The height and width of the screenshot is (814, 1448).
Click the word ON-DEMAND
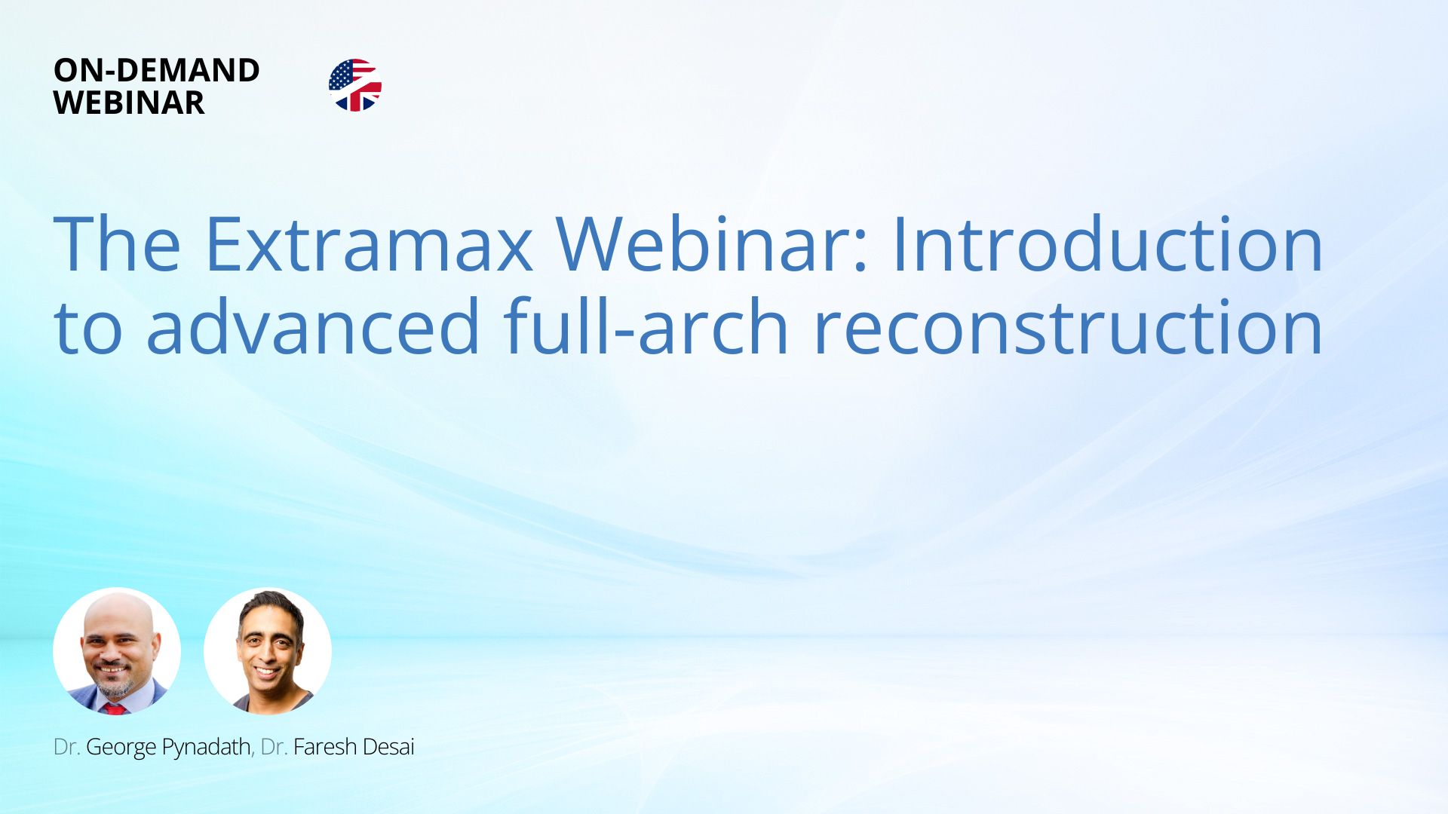[157, 70]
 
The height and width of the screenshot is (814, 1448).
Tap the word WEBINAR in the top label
[129, 103]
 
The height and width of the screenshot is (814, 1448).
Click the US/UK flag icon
[355, 85]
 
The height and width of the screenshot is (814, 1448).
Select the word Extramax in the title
[369, 243]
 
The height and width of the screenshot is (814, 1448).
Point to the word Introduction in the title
[1107, 243]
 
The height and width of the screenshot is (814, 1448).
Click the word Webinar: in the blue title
[713, 243]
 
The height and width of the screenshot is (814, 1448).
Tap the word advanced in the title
[313, 326]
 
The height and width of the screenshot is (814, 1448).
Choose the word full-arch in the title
[646, 326]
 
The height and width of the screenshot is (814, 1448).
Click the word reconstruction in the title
[1068, 327]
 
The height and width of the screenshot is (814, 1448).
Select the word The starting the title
[117, 243]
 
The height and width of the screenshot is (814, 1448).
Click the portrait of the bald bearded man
[117, 651]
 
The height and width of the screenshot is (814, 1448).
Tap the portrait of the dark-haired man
[268, 651]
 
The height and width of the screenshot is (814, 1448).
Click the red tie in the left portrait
[114, 708]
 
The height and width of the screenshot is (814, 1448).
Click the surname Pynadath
[207, 748]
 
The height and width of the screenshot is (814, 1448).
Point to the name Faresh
[325, 747]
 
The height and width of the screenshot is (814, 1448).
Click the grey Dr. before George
[66, 747]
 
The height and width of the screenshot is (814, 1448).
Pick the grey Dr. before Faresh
[274, 747]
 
